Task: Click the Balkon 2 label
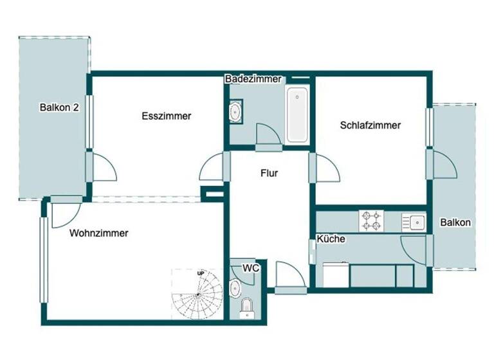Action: pos(59,107)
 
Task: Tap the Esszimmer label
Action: pos(166,116)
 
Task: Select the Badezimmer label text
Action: pos(253,79)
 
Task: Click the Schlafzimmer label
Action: pos(370,125)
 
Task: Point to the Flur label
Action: pos(270,173)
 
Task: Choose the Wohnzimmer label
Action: pos(98,233)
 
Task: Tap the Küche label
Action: pos(331,239)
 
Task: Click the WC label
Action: pos(251,267)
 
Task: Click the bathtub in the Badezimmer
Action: pos(297,115)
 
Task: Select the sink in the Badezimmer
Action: pos(235,112)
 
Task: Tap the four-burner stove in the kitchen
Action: pos(370,221)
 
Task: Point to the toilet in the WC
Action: pos(246,309)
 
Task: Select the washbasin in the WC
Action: pos(235,287)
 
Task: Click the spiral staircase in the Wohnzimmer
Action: pos(197,294)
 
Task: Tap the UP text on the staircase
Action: pos(201,274)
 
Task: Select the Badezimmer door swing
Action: pos(268,135)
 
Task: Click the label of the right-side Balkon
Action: pos(455,222)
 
